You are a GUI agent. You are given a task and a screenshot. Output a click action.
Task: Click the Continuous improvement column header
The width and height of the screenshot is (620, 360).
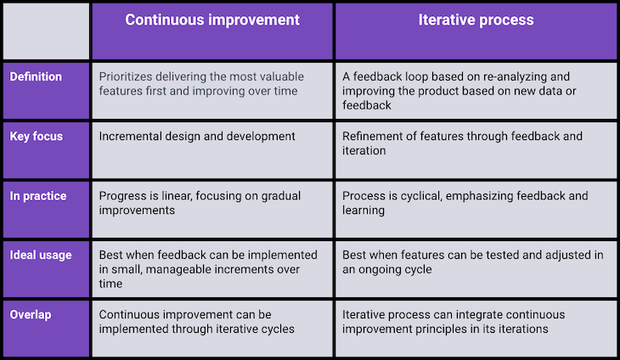(x=212, y=20)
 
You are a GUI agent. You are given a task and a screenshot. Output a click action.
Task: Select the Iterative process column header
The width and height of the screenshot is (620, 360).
(x=476, y=20)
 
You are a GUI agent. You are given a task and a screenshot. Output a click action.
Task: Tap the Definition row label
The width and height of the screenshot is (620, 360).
(x=36, y=76)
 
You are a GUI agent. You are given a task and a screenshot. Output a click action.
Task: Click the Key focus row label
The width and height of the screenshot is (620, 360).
(x=36, y=137)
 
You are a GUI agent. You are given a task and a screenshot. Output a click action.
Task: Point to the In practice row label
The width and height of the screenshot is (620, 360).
(x=38, y=196)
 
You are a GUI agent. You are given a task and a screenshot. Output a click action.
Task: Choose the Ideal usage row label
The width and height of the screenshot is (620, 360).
(x=41, y=256)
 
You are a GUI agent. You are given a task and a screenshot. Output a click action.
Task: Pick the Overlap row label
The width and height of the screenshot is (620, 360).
(x=31, y=315)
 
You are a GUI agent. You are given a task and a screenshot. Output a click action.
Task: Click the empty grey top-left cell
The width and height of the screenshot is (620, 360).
(x=46, y=31)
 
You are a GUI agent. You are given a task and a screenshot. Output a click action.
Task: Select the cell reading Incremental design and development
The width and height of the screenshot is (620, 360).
(x=212, y=150)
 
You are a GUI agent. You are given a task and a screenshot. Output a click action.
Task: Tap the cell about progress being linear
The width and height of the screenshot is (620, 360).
(x=212, y=210)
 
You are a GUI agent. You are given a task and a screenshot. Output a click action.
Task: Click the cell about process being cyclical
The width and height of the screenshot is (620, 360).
(x=476, y=210)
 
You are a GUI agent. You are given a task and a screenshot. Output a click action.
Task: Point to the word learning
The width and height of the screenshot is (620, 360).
(x=364, y=211)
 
